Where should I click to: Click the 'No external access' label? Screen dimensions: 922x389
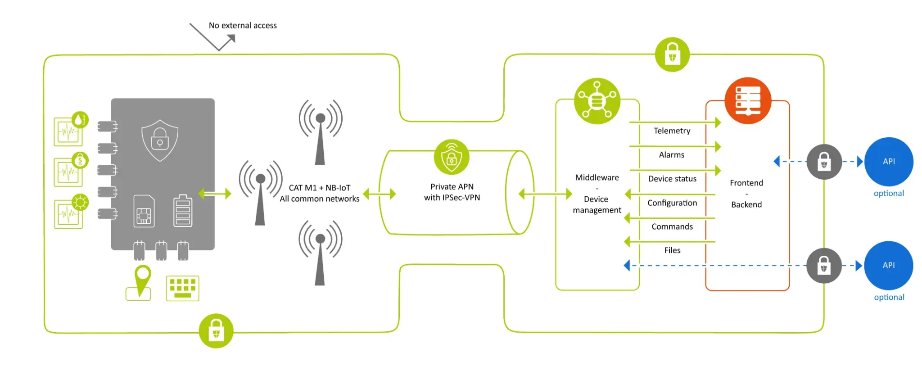243,26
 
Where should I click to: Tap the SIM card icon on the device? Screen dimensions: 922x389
144,211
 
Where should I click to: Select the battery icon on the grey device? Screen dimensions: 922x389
183,210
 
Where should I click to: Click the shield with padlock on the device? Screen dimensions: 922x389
160,140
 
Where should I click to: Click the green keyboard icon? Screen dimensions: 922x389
182,288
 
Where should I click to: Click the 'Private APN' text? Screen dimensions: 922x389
452,187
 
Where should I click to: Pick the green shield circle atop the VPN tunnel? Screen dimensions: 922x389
452,157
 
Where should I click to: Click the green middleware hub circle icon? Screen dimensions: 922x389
597,101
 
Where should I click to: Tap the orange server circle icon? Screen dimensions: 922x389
748,100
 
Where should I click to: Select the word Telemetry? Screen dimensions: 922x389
672,131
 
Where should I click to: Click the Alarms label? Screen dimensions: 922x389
672,155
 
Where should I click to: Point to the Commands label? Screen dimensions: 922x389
672,226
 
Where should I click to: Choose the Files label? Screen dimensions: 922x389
672,250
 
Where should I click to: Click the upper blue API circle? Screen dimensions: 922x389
889,162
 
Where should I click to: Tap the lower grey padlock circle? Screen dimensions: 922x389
824,266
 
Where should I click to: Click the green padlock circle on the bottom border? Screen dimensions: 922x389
216,331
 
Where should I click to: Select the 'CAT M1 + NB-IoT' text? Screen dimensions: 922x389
320,188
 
